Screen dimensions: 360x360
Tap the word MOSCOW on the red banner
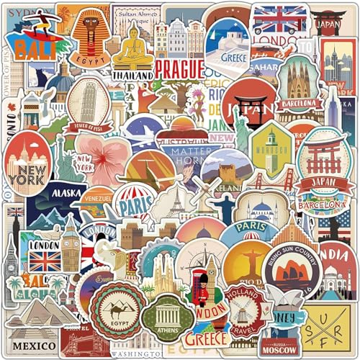pyautogui.click(x=279, y=351)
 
